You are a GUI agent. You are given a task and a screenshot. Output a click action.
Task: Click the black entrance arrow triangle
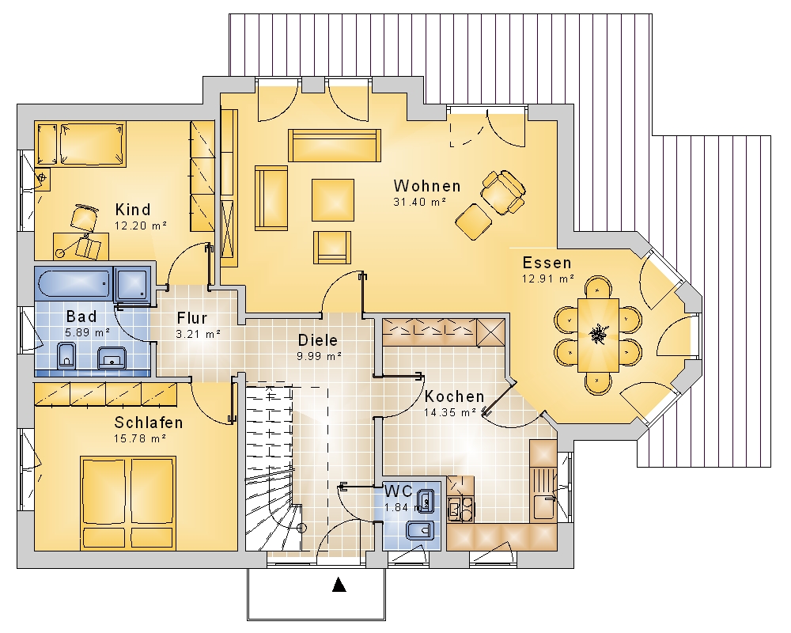pos(339,585)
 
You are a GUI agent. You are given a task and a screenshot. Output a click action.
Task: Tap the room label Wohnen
pos(427,186)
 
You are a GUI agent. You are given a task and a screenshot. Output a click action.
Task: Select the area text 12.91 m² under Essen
pos(548,279)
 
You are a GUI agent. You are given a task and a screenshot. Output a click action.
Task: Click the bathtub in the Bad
pos(74,284)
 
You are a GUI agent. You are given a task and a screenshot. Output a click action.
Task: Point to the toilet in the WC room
pos(420,530)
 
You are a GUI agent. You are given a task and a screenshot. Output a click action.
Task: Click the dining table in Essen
pos(598,335)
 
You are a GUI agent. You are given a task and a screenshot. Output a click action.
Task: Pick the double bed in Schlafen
pos(129,502)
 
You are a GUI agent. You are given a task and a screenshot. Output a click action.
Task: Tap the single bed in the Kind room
pos(81,143)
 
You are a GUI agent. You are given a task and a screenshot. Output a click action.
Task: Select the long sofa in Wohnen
pos(335,146)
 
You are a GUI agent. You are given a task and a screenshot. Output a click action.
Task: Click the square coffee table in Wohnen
pos(333,200)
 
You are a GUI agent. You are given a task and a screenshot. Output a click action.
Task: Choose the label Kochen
pos(455,396)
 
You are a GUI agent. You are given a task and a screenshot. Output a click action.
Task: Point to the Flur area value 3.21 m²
pos(199,334)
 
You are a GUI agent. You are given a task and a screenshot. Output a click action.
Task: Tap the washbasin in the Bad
pos(112,358)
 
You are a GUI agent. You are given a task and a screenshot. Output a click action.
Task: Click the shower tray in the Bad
pos(132,285)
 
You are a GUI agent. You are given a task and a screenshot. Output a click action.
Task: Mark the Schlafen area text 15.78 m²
pos(140,438)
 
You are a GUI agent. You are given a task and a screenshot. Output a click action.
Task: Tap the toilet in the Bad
pos(66,354)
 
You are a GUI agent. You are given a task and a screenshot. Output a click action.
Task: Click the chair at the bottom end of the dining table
pos(598,382)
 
